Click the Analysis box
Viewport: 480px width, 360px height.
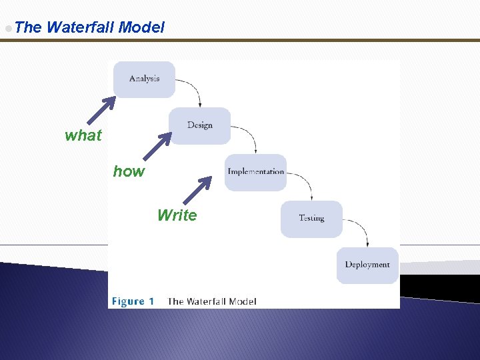click(144, 79)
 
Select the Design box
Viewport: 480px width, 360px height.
click(200, 125)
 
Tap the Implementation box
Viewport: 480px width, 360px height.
click(255, 172)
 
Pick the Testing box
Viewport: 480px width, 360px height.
click(311, 219)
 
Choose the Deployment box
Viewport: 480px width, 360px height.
click(367, 265)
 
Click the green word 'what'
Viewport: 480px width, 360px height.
click(83, 135)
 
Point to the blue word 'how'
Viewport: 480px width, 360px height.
click(129, 171)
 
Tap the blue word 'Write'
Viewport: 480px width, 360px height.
click(177, 215)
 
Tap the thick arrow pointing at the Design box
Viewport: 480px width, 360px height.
click(159, 145)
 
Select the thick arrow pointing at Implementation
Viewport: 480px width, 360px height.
click(197, 189)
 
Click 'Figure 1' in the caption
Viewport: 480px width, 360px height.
click(133, 301)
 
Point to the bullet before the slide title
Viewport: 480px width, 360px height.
click(7, 28)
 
